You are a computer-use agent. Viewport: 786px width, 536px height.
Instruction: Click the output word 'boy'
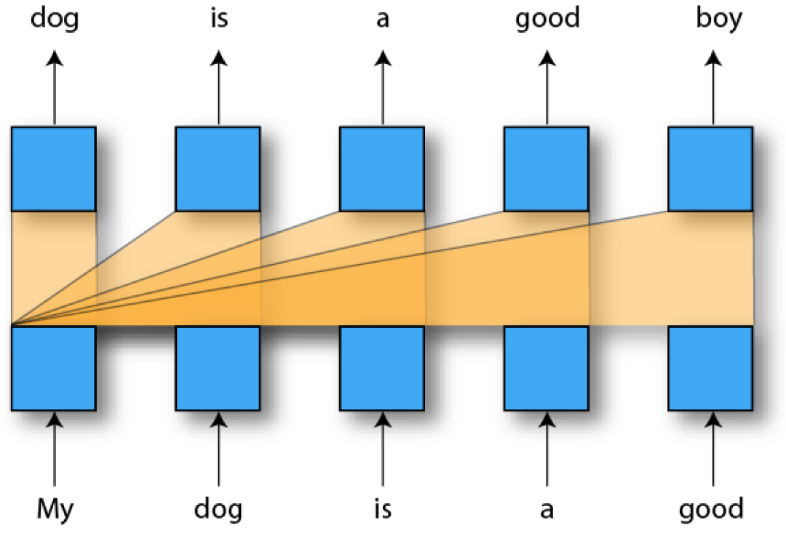pos(718,20)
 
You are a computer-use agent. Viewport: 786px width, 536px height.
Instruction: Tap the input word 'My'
pos(55,509)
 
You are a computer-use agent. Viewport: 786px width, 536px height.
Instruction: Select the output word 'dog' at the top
pos(54,20)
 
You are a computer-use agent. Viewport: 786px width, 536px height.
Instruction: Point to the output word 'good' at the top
pos(547,20)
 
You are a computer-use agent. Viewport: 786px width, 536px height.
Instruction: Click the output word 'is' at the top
pos(218,18)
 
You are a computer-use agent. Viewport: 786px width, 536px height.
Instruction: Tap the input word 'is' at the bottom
pos(383,509)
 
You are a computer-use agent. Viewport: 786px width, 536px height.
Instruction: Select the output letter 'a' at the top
pos(383,20)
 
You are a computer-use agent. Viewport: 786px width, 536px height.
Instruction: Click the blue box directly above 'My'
pos(54,368)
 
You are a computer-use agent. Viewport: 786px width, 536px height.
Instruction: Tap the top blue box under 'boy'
pos(711,169)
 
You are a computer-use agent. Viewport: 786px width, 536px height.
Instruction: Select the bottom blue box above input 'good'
pos(711,368)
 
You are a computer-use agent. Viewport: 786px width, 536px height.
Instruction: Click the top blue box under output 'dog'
pos(54,169)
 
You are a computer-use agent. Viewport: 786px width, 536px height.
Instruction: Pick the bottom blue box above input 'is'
pos(383,368)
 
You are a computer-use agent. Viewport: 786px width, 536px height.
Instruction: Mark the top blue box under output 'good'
pos(547,169)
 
